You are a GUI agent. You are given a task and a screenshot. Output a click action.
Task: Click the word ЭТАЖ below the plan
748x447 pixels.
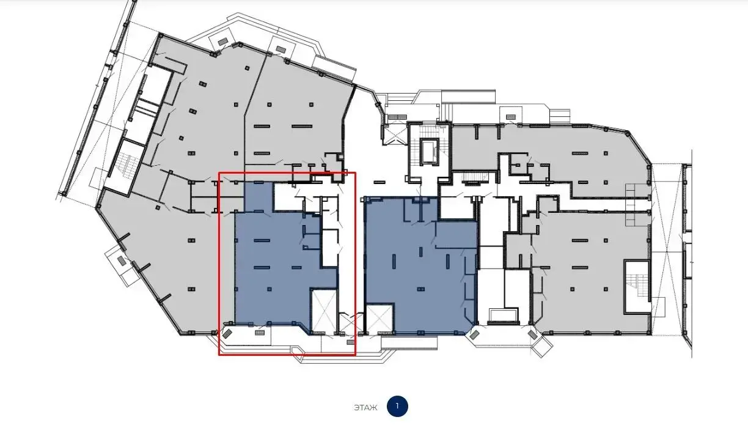(x=365, y=408)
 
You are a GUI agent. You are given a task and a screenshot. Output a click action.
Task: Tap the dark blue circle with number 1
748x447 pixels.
(x=397, y=406)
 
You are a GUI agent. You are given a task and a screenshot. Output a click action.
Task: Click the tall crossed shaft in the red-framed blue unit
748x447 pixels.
(x=323, y=311)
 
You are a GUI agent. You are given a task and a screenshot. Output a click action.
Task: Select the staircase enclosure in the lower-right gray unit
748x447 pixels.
(x=637, y=287)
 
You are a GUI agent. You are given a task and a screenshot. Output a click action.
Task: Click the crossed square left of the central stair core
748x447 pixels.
(x=395, y=135)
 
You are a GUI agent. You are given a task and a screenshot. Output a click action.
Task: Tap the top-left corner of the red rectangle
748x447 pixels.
(x=219, y=172)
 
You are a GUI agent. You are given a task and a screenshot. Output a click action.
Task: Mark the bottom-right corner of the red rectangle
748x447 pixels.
(x=355, y=355)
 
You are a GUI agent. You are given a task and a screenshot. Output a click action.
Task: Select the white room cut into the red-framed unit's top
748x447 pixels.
(x=289, y=197)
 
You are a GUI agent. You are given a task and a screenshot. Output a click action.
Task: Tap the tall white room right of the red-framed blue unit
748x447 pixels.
(x=330, y=248)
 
